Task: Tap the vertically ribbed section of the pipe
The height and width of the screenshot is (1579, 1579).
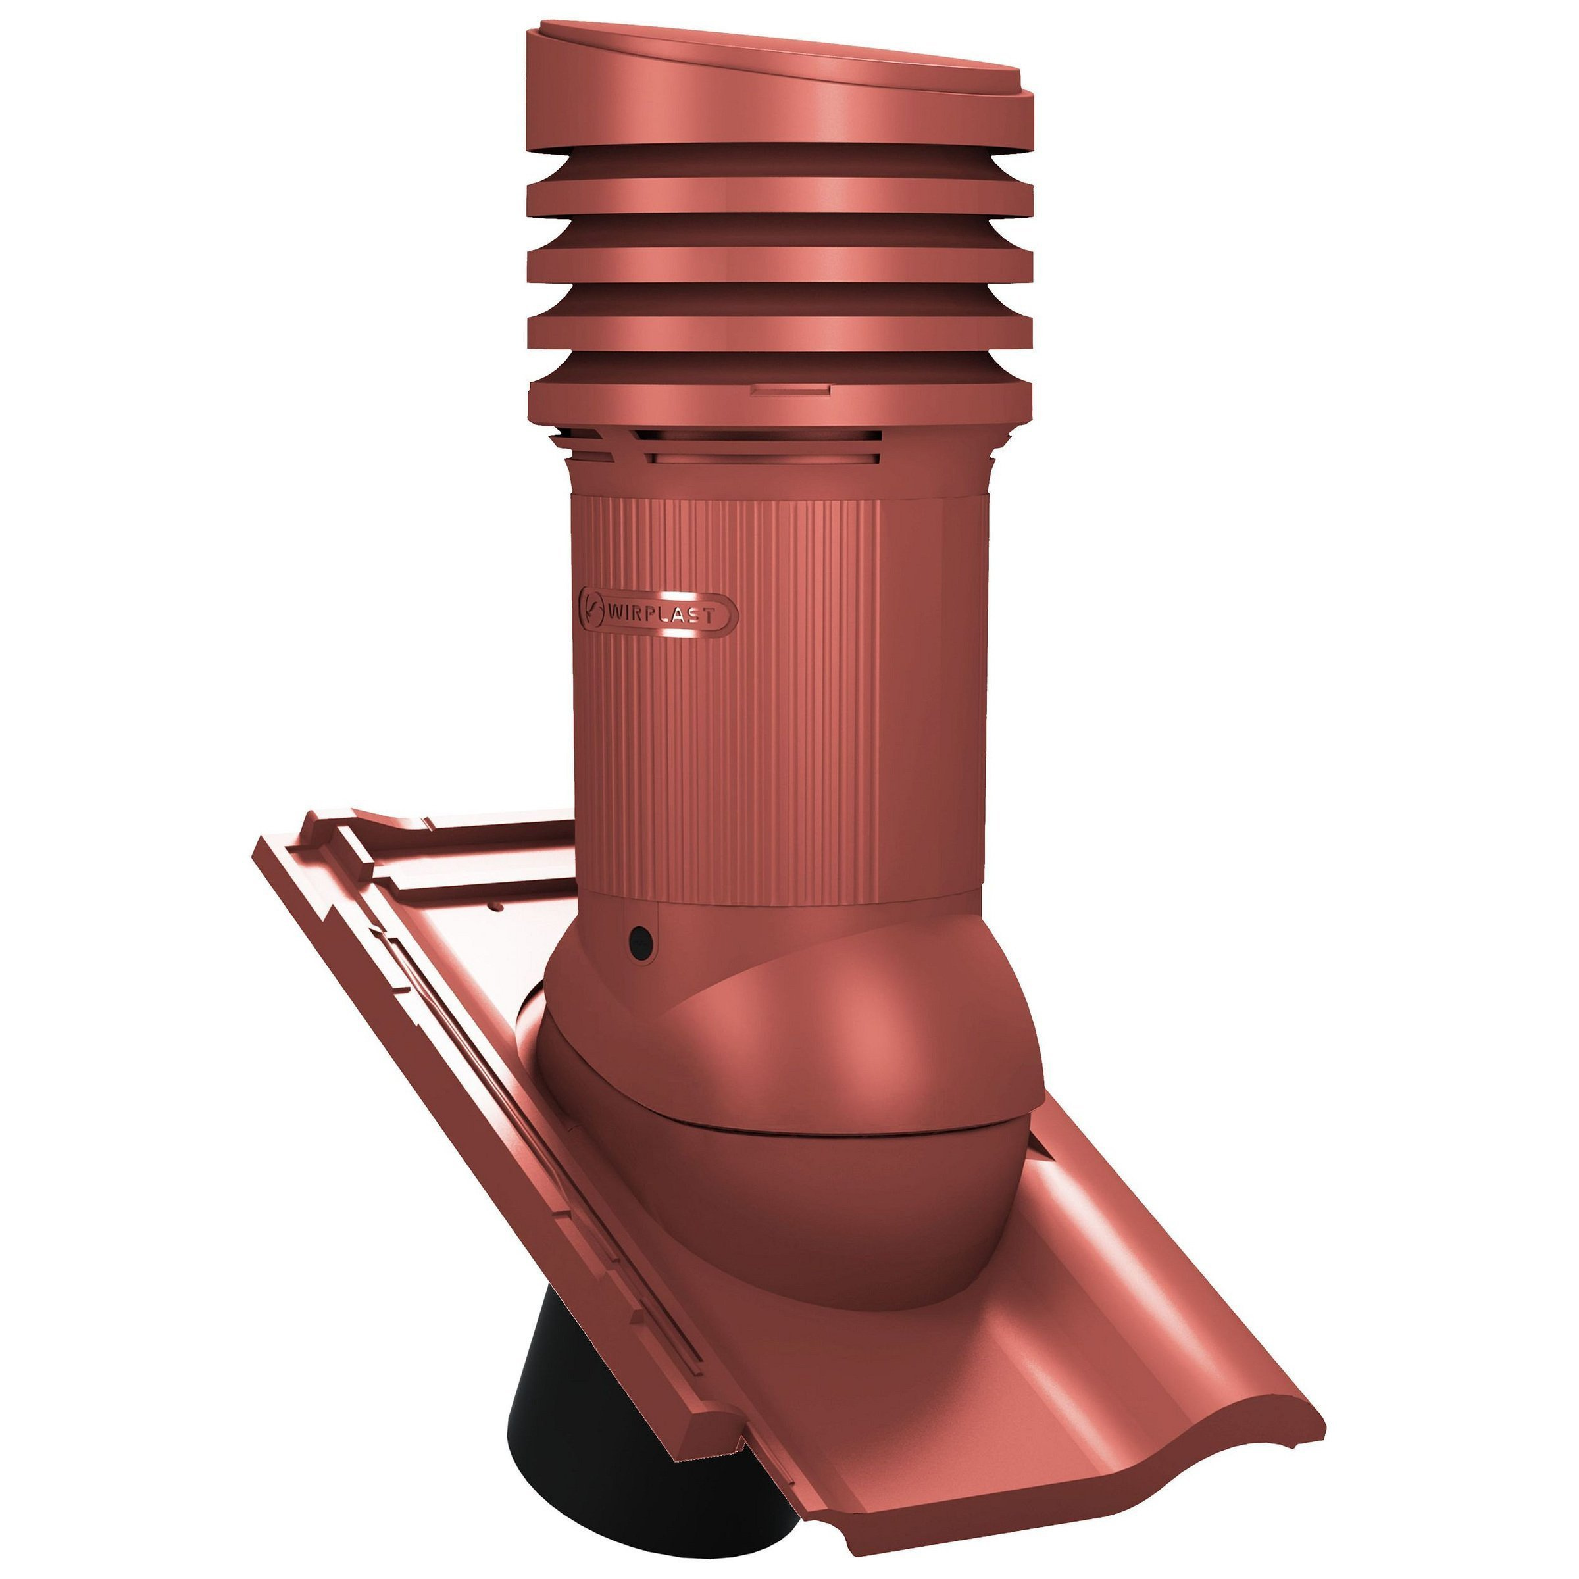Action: [x=728, y=703]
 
